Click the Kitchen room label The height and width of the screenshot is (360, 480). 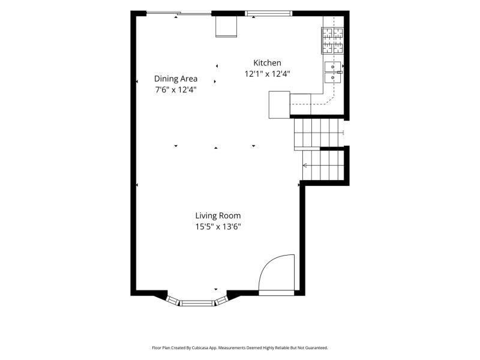pyautogui.click(x=267, y=63)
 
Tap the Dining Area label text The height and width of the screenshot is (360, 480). pyautogui.click(x=175, y=79)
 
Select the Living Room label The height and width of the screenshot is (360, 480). pyautogui.click(x=218, y=215)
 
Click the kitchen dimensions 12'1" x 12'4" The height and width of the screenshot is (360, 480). pyautogui.click(x=267, y=74)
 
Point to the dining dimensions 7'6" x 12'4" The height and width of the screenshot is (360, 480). pyautogui.click(x=175, y=90)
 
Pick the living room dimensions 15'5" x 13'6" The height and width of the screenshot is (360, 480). pyautogui.click(x=218, y=227)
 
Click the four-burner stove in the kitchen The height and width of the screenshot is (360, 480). pyautogui.click(x=332, y=41)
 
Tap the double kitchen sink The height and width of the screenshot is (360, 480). pyautogui.click(x=333, y=72)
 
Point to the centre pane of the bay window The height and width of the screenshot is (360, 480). pyautogui.click(x=197, y=303)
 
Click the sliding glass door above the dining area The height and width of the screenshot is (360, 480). pyautogui.click(x=179, y=13)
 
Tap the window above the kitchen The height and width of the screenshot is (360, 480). pyautogui.click(x=268, y=13)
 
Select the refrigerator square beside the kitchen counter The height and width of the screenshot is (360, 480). pyautogui.click(x=279, y=104)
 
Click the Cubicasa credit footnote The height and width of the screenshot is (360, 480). pyautogui.click(x=239, y=348)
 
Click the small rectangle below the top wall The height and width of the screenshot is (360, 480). pyautogui.click(x=226, y=26)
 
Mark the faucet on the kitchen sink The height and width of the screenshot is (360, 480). pyautogui.click(x=340, y=73)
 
